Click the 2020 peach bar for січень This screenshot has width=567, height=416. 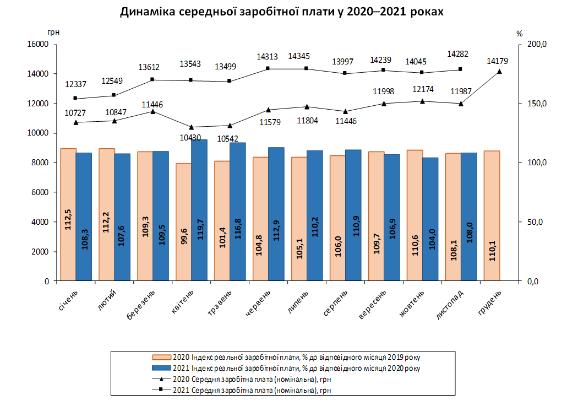click(x=68, y=215)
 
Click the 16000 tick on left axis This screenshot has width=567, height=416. click(x=38, y=44)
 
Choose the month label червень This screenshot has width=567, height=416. click(x=257, y=304)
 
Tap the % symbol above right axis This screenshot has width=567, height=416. click(x=519, y=34)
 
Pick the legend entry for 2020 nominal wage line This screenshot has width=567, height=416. click(x=253, y=379)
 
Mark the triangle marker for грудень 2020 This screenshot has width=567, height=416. click(x=499, y=71)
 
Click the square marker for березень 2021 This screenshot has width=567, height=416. click(x=152, y=79)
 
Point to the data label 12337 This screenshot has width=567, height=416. click(x=75, y=84)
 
